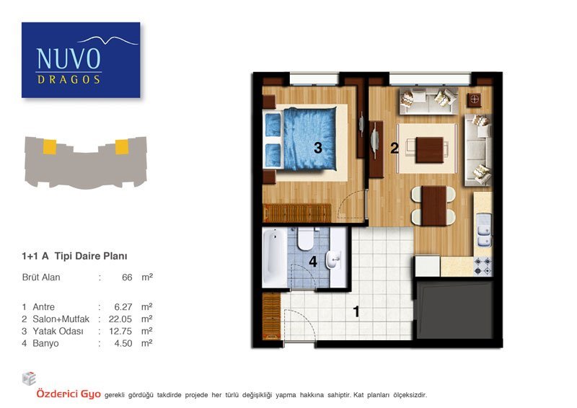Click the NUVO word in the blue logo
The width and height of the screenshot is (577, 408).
(x=69, y=59)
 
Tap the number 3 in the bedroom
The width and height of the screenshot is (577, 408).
(x=318, y=148)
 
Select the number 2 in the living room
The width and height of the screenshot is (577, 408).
(x=395, y=148)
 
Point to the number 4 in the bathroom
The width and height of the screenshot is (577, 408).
(x=313, y=262)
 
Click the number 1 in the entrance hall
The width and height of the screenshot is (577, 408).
(x=356, y=311)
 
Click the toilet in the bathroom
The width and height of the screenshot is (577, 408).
(x=305, y=239)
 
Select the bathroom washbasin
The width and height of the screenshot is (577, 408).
(x=334, y=260)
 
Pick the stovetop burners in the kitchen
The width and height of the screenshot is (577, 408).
(x=483, y=266)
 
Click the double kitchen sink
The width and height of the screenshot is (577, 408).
(x=484, y=230)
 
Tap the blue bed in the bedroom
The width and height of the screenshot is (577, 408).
(x=301, y=138)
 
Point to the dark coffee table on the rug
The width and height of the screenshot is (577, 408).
(x=429, y=150)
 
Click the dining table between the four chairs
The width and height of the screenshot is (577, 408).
(x=434, y=205)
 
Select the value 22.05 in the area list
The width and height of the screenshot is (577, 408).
(x=120, y=319)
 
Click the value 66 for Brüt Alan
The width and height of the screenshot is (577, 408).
(x=127, y=277)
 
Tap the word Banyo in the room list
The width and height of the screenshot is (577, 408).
(x=45, y=344)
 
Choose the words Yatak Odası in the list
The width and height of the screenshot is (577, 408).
(x=58, y=331)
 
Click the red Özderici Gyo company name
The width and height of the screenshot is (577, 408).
(x=69, y=394)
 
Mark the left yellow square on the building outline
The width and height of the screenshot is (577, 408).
(x=50, y=147)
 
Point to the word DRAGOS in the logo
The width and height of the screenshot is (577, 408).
(x=69, y=79)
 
